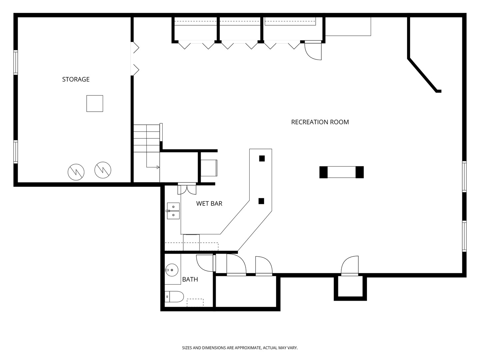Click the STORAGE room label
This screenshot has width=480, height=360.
click(76, 79)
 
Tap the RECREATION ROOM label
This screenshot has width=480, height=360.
click(320, 122)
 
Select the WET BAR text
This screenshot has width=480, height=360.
click(209, 203)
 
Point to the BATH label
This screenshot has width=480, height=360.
click(190, 279)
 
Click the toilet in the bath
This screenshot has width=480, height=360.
click(174, 297)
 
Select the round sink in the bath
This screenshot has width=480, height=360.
click(172, 270)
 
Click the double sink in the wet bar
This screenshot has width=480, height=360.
click(173, 211)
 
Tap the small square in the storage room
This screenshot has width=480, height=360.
click(95, 104)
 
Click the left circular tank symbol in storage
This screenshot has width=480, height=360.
click(76, 172)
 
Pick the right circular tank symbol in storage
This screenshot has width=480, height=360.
click(103, 170)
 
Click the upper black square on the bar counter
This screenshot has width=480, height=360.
click(262, 158)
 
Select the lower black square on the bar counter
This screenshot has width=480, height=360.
click(261, 201)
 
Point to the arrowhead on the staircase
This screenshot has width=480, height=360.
click(158, 167)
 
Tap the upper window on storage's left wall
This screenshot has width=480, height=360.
click(16, 63)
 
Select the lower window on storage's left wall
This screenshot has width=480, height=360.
click(16, 152)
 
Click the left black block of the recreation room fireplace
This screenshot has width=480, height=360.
click(323, 172)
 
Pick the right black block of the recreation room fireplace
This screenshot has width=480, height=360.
click(360, 172)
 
